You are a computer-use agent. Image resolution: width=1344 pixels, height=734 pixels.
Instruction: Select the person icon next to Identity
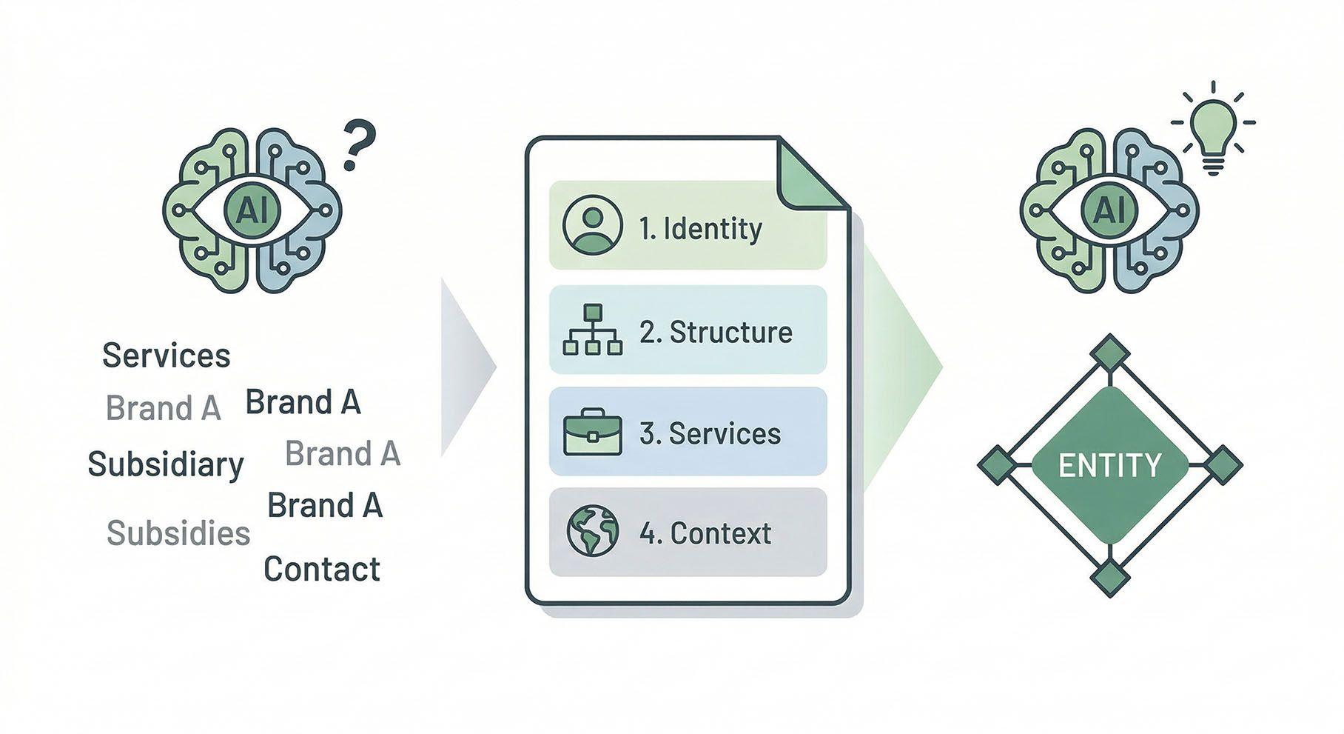pos(588,224)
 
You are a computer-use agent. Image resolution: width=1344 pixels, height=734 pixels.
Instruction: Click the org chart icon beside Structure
pos(593,330)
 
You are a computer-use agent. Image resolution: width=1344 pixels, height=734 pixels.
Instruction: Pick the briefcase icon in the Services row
pos(593,433)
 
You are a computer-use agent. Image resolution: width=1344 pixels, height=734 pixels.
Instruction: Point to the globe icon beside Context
pos(593,531)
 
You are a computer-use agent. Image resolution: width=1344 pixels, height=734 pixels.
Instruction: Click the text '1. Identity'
pos(700,228)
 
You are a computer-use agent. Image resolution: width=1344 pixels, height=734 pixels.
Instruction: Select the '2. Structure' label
pos(716,332)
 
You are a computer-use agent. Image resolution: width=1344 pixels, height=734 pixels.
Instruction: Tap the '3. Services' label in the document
pos(710,433)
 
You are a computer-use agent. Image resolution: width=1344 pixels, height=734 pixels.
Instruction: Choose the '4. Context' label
pos(705,533)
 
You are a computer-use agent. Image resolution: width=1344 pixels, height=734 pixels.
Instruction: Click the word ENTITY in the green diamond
pos(1109,465)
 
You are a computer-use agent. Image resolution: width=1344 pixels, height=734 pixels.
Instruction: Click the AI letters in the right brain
pos(1108,210)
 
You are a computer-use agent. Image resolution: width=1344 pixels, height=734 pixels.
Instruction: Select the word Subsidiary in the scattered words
pos(166,464)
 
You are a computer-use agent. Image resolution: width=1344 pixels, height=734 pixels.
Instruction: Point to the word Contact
pos(322,569)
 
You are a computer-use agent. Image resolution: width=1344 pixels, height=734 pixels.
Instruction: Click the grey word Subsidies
pos(178,533)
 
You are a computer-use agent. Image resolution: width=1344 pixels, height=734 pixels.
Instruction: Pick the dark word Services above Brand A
pos(167,356)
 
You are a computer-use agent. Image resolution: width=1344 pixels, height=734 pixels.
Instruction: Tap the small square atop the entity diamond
pos(1109,353)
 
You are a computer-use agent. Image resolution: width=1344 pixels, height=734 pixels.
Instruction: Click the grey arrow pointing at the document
pos(465,367)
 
